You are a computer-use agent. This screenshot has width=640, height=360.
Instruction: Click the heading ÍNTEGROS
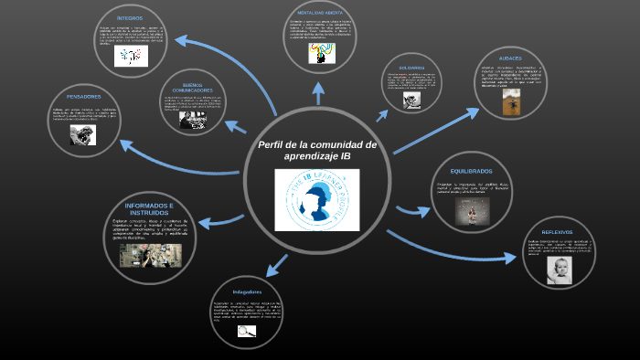point(130,18)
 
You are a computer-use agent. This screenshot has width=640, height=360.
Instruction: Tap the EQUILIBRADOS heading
point(471,171)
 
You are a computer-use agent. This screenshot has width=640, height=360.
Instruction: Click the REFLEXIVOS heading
point(556,231)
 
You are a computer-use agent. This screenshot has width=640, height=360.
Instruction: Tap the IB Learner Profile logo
point(317,200)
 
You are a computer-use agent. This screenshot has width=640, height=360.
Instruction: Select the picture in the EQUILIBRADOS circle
point(472,211)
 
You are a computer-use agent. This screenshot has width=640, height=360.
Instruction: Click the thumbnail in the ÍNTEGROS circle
point(131,56)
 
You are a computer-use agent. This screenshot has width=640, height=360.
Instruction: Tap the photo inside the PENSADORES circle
point(83,134)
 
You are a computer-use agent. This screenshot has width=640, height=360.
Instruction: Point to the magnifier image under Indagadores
point(247,332)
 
